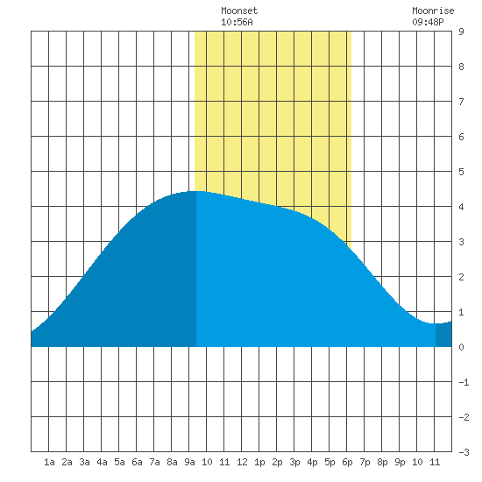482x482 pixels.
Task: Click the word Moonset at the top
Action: click(x=239, y=11)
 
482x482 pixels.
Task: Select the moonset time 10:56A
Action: click(x=237, y=22)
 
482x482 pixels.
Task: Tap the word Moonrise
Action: click(x=433, y=11)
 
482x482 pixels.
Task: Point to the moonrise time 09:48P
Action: click(x=428, y=22)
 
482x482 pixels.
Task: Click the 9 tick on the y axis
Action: click(x=461, y=32)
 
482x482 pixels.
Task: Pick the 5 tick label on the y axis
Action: click(x=461, y=172)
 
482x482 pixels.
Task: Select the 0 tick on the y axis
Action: click(x=461, y=347)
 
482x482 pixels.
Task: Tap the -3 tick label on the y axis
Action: click(x=464, y=452)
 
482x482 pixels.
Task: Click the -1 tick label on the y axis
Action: click(x=464, y=382)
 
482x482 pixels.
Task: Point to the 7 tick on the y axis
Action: click(x=461, y=102)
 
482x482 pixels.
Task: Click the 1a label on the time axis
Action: click(x=49, y=462)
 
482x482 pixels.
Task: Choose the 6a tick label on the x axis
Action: click(x=137, y=462)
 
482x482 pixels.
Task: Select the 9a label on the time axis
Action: click(x=189, y=462)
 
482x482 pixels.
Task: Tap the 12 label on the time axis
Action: click(x=242, y=462)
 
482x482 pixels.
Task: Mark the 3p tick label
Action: click(x=294, y=462)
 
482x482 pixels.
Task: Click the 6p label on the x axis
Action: click(x=347, y=462)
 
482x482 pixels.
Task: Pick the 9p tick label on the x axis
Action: click(x=400, y=462)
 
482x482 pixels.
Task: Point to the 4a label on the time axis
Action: click(x=102, y=462)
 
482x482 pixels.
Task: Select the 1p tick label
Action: click(x=259, y=462)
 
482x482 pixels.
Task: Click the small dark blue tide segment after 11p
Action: click(x=443, y=335)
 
